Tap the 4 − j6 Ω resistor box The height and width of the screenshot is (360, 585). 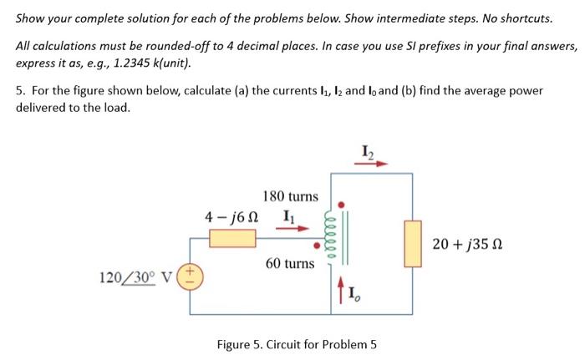232,237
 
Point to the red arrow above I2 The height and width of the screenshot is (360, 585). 369,165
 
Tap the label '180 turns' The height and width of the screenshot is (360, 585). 290,197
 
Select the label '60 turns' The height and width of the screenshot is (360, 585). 290,263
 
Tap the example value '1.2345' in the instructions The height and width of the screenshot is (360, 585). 139,63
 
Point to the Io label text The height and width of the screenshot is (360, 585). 352,293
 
